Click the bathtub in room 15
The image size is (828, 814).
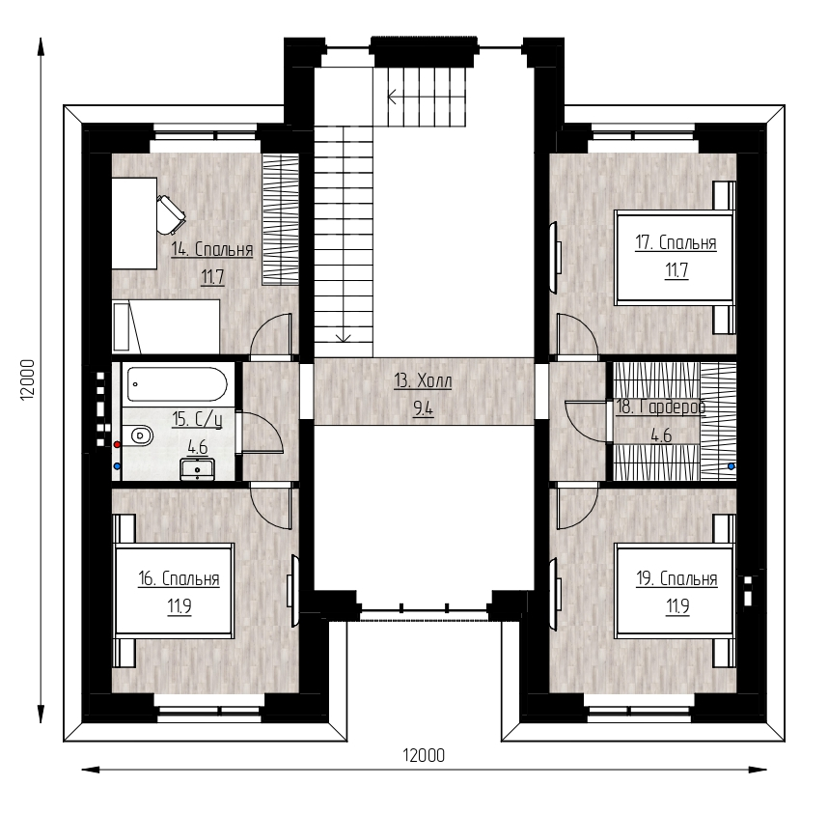pyautogui.click(x=178, y=384)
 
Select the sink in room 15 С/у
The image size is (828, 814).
pyautogui.click(x=197, y=469)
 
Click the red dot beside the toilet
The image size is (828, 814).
pyautogui.click(x=117, y=445)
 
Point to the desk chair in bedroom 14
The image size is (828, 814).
pyautogui.click(x=171, y=214)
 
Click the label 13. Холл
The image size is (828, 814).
pyautogui.click(x=423, y=380)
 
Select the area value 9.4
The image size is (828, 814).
pyautogui.click(x=423, y=408)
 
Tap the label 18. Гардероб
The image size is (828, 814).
pyautogui.click(x=661, y=407)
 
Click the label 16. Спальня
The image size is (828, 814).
pyautogui.click(x=179, y=578)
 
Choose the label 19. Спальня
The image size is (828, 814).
pyautogui.click(x=676, y=578)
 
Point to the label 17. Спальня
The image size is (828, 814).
pyautogui.click(x=676, y=242)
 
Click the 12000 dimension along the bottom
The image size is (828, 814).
pyautogui.click(x=424, y=755)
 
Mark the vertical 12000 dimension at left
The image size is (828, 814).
pyautogui.click(x=27, y=379)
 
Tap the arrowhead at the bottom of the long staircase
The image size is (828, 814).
pyautogui.click(x=344, y=337)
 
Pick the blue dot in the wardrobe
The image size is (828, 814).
pyautogui.click(x=731, y=466)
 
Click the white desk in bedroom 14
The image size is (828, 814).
pyautogui.click(x=135, y=223)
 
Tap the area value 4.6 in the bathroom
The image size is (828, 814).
pyautogui.click(x=198, y=448)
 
